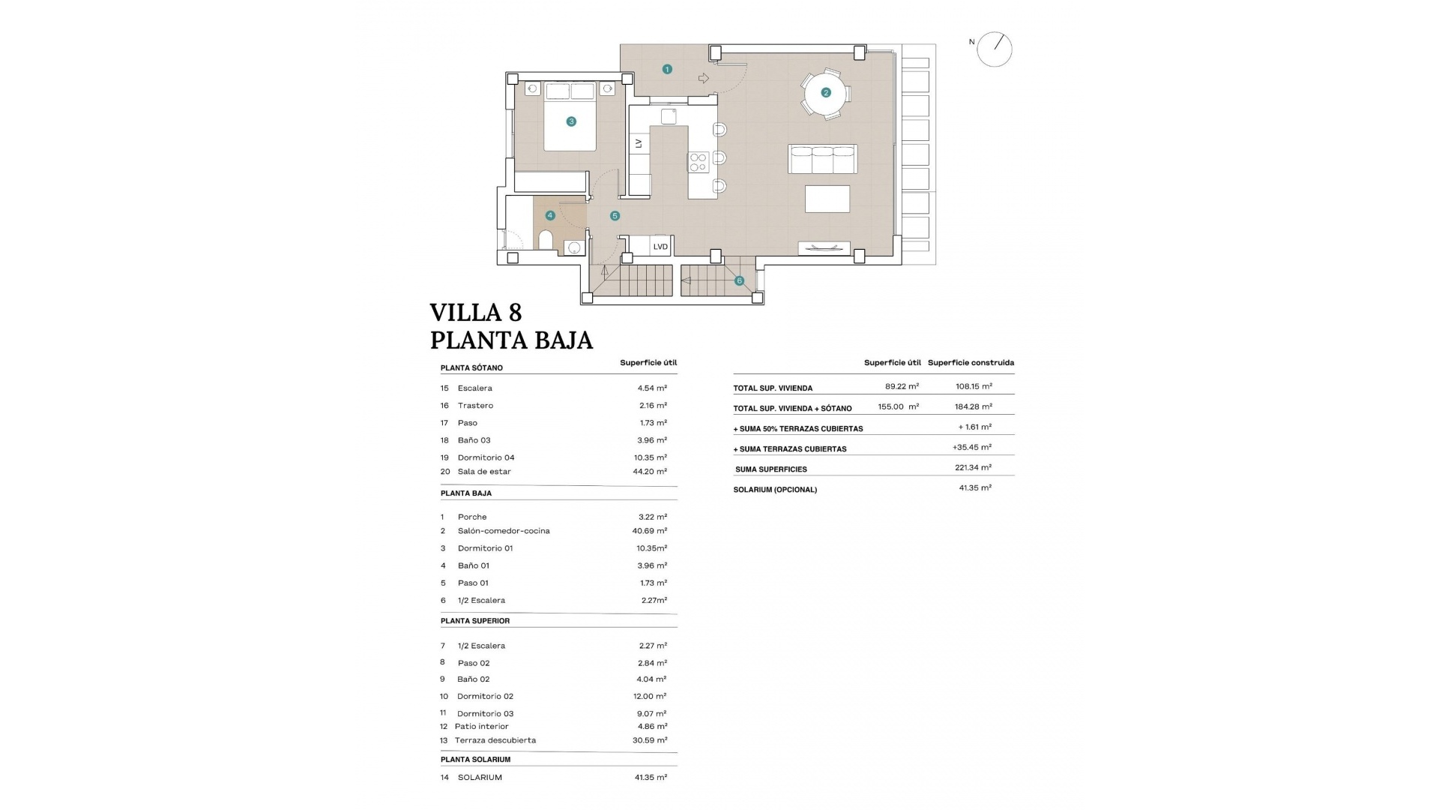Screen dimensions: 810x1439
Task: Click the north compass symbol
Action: pos(994,49)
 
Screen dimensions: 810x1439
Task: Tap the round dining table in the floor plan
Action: pos(825,93)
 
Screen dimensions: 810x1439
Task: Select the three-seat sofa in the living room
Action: pos(822,159)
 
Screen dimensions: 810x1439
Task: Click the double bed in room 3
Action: pos(570,118)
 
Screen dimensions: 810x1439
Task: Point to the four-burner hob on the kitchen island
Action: pos(699,162)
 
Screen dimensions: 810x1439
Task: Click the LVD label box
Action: pos(660,246)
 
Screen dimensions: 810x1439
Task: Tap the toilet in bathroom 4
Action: pos(546,241)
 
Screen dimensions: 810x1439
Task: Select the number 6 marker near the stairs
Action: pos(739,280)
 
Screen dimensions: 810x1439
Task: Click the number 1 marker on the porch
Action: pos(667,69)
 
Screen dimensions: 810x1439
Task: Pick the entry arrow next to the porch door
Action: pos(703,78)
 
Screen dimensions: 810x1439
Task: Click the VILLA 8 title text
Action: pos(475,312)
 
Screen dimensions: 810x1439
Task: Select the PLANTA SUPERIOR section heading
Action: pos(475,621)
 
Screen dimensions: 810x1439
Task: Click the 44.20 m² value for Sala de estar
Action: pos(649,472)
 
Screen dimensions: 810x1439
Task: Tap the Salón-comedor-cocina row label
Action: pos(503,531)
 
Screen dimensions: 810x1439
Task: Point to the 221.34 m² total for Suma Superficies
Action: pos(975,467)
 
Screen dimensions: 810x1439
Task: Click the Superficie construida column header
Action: pos(971,363)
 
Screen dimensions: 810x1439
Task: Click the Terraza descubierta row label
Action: pos(495,740)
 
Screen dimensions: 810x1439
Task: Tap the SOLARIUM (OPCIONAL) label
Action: pos(775,490)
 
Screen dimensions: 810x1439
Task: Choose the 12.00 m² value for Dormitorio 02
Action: pos(651,697)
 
